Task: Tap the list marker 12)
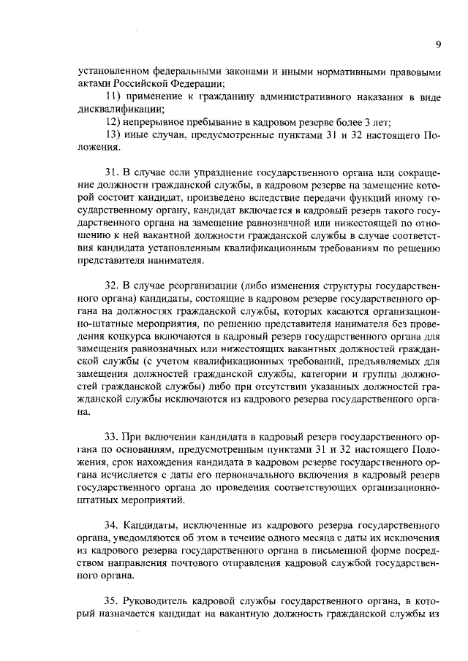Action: click(x=115, y=122)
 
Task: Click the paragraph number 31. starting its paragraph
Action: click(x=113, y=172)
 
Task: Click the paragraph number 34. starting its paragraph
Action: click(x=113, y=525)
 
